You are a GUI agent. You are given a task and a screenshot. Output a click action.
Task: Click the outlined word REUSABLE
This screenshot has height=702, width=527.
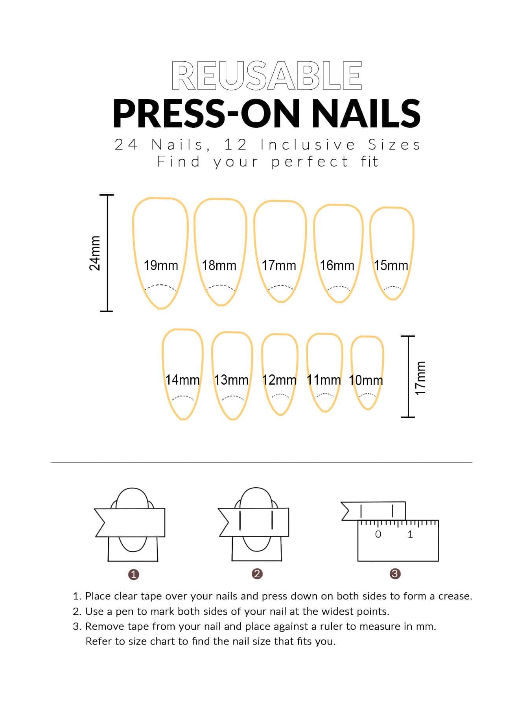(x=267, y=76)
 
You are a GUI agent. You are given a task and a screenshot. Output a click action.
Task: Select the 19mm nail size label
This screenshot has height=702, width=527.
(x=160, y=265)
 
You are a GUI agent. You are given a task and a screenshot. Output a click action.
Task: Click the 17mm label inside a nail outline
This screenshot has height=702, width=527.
(x=279, y=265)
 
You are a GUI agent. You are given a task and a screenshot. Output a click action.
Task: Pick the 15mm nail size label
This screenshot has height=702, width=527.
(x=391, y=265)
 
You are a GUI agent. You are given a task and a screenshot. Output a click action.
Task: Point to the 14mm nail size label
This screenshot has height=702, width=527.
(x=182, y=380)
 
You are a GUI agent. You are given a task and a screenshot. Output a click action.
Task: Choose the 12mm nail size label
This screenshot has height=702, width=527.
(x=279, y=380)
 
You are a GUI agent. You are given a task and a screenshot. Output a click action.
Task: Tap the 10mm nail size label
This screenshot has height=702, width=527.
(x=366, y=380)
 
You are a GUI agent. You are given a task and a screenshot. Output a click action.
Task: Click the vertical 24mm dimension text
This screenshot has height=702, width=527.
(x=95, y=253)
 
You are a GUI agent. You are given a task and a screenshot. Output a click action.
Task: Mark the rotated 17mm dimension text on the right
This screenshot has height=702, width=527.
(x=420, y=378)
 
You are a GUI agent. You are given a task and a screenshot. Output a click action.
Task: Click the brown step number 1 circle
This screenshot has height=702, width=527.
(x=134, y=575)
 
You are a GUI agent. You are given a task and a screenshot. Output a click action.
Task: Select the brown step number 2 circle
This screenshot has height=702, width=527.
(x=257, y=574)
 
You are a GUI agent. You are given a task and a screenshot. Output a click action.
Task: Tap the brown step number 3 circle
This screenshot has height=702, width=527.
(x=395, y=574)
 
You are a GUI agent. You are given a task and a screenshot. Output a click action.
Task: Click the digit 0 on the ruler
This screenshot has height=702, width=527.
(x=378, y=534)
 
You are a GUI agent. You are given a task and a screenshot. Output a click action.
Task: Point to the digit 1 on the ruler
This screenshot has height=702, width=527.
(x=410, y=534)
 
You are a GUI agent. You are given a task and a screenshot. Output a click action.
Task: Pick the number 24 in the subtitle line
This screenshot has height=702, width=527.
(x=126, y=145)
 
